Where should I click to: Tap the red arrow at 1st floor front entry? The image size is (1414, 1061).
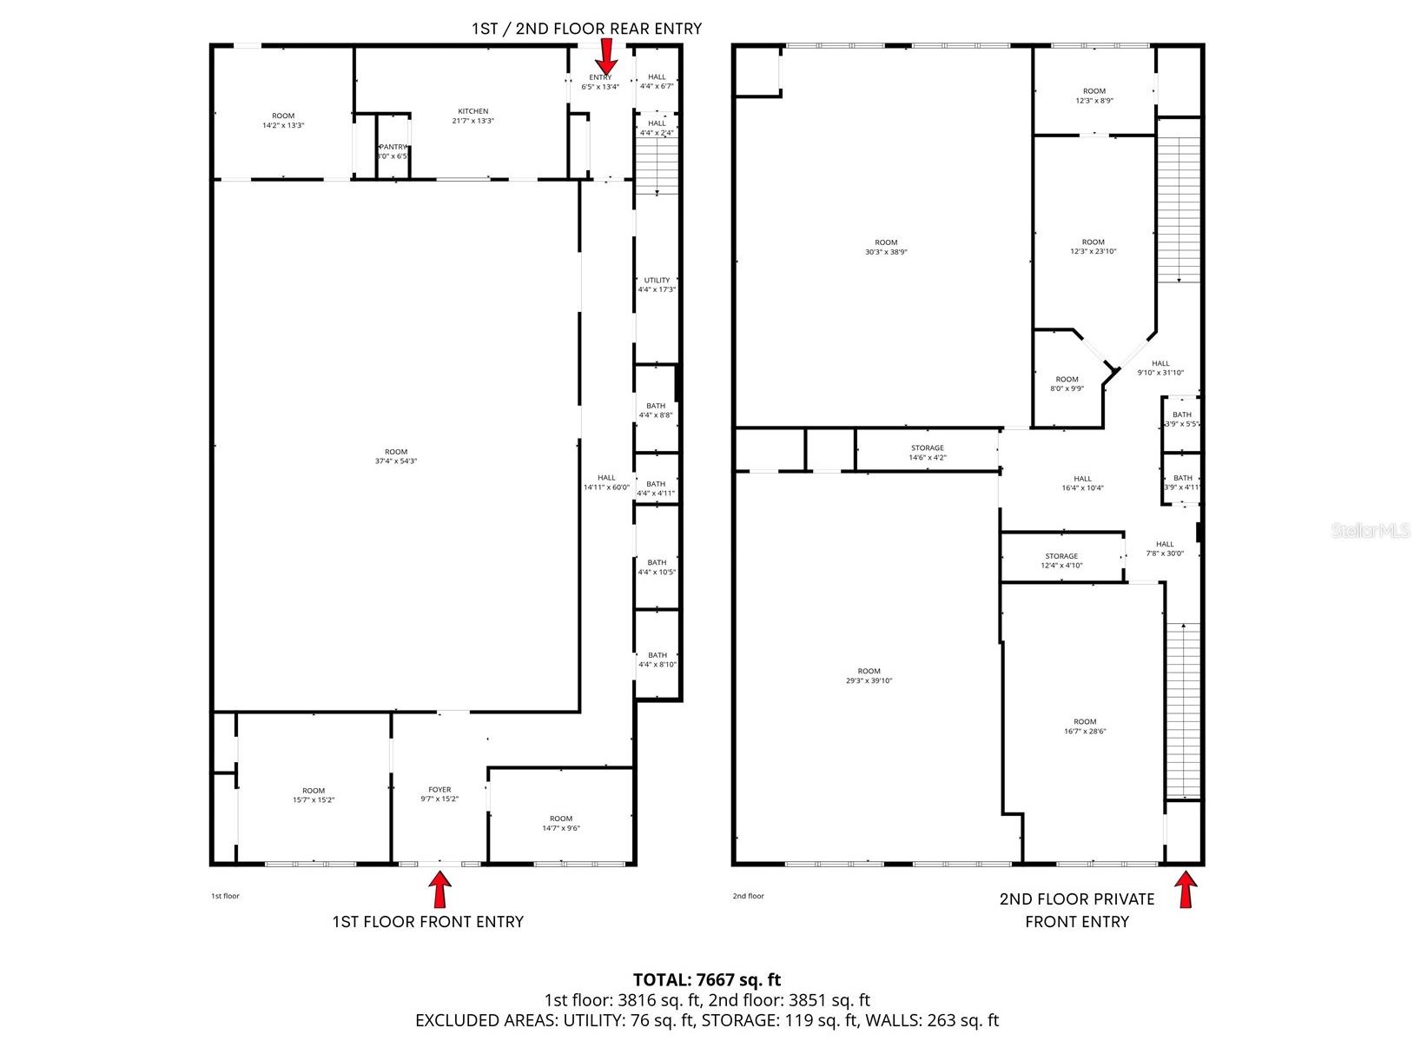point(441,890)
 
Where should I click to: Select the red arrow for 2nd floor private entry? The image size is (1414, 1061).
point(1185,890)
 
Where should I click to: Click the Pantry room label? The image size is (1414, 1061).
point(393,151)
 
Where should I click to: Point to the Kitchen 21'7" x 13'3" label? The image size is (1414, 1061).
point(473,116)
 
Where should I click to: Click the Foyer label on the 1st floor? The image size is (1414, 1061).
point(439,794)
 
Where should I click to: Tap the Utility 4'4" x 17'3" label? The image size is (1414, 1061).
point(657,285)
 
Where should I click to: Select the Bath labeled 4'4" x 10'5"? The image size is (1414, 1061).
point(657,567)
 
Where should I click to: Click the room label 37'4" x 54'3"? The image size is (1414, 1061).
point(396,456)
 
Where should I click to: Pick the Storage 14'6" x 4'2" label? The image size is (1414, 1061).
point(927,453)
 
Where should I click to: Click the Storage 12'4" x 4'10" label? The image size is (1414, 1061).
point(1061,560)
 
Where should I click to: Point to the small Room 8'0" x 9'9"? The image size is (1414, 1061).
point(1067,384)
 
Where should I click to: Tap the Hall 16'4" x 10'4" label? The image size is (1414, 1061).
point(1082,483)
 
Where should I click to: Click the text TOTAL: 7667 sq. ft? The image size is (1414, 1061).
point(706,980)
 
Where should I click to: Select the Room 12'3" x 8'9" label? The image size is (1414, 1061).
point(1094,96)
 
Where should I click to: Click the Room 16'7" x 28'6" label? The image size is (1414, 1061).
point(1085,726)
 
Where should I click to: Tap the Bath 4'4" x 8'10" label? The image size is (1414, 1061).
point(657,660)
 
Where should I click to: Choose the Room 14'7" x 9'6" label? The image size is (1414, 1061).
point(561,823)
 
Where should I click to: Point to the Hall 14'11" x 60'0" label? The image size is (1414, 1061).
point(606,482)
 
